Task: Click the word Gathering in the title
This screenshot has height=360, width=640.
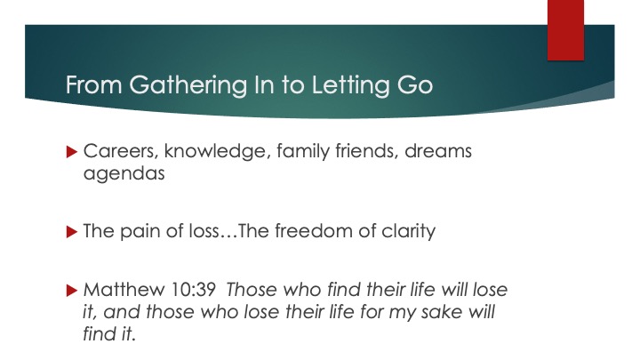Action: pos(188,85)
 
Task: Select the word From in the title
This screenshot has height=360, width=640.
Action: pos(94,85)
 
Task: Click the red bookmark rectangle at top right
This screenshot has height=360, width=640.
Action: pos(565,30)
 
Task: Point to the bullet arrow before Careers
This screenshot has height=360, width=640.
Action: pos(71,152)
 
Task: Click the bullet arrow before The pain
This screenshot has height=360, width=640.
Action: pos(71,232)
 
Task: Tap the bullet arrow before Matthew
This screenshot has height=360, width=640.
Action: pos(71,290)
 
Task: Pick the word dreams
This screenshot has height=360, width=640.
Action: pos(438,150)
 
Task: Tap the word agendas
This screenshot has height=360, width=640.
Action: pos(124,174)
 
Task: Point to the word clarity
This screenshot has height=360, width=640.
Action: pos(409,232)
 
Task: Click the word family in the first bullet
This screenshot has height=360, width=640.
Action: pos(303,151)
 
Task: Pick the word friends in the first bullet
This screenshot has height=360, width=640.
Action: pos(367,150)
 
